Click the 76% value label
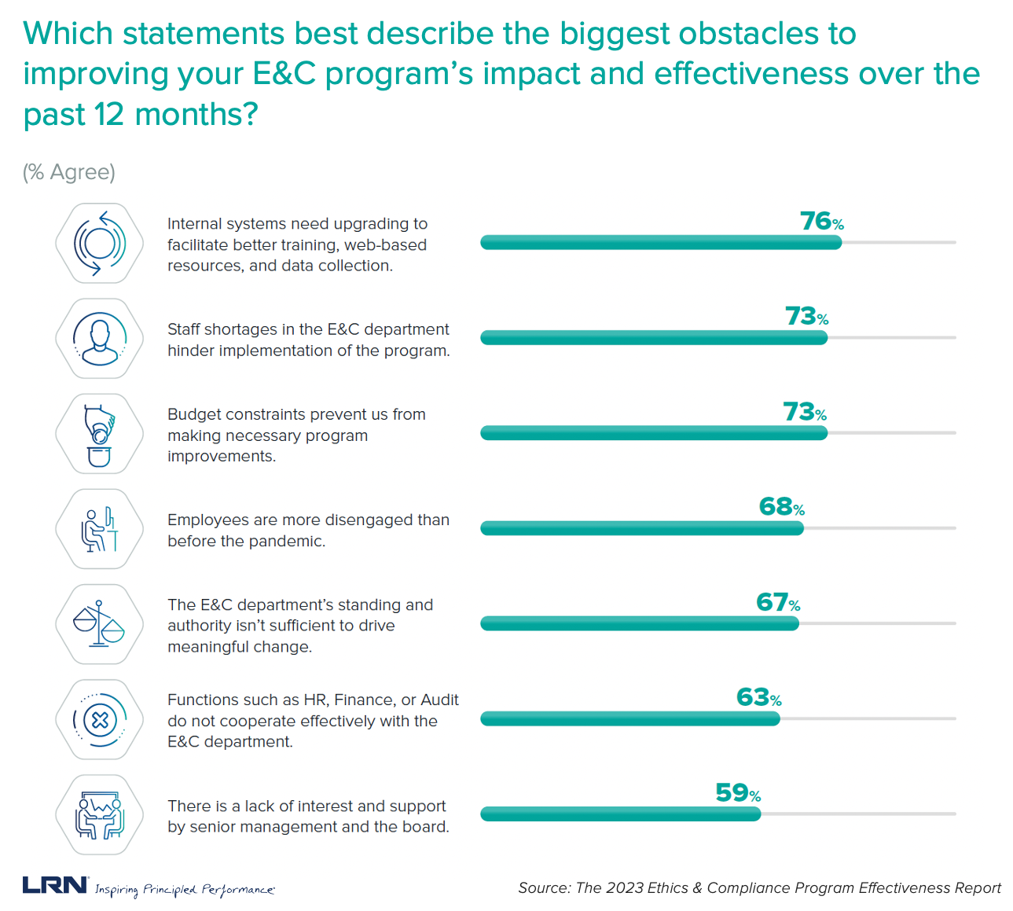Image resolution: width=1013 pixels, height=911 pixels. (x=821, y=222)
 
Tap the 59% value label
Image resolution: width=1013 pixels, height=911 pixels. (x=737, y=793)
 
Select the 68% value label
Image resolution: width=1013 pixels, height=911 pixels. (x=781, y=507)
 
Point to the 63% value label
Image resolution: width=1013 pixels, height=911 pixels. (x=758, y=698)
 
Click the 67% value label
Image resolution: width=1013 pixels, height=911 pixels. (x=777, y=603)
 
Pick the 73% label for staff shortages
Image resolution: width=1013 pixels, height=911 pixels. (x=806, y=317)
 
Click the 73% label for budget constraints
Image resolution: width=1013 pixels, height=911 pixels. (x=804, y=412)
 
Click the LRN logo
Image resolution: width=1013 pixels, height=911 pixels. (x=55, y=885)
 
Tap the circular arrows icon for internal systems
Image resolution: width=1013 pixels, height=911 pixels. (x=99, y=243)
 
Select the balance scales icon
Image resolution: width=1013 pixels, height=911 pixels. (x=99, y=624)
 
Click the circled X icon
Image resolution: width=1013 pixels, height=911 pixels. (x=99, y=719)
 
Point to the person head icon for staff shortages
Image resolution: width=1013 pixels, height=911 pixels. (x=99, y=338)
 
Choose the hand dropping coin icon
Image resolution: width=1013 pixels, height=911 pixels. (x=99, y=434)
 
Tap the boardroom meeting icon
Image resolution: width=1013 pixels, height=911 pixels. (x=99, y=815)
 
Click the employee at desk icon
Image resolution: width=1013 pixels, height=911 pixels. (x=99, y=529)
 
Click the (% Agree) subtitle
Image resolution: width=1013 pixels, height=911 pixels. (x=69, y=172)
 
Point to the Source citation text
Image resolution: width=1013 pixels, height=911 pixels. (x=759, y=888)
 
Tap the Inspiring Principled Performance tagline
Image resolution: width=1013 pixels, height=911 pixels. (x=185, y=890)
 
